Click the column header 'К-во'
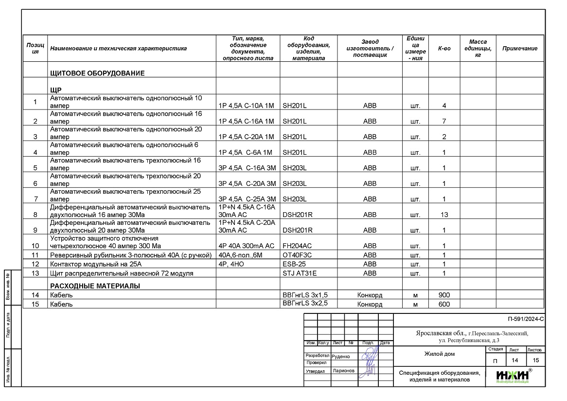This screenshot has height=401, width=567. (444, 49)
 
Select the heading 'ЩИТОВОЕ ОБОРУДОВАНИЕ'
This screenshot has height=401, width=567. (97, 73)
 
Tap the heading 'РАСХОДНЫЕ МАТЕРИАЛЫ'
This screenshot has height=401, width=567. (95, 286)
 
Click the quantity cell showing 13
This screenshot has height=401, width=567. (444, 215)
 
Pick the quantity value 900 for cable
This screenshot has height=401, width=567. (444, 295)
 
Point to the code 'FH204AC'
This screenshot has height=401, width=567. (297, 246)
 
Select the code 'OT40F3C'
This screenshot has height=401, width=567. (297, 255)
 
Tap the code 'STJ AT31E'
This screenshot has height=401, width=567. (300, 273)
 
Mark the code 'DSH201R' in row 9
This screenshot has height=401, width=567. (297, 230)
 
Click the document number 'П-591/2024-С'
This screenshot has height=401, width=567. (525, 320)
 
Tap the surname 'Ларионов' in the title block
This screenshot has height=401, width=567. (343, 371)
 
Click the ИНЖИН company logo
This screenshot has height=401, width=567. (513, 375)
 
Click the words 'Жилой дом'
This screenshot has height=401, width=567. (439, 354)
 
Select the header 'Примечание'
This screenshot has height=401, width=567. (519, 49)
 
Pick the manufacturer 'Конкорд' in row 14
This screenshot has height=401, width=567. (370, 295)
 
